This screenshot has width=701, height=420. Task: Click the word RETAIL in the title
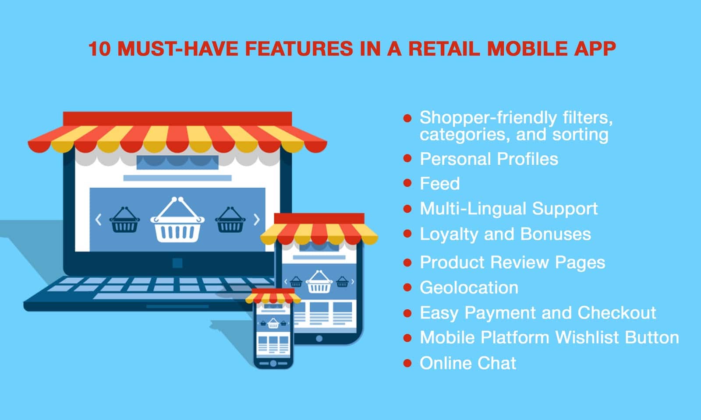coord(444,49)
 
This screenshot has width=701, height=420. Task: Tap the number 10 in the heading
coord(99,49)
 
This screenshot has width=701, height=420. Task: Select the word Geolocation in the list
coord(469,287)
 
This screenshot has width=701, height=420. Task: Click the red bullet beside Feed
coord(407,183)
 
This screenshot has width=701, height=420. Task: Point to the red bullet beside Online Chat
coord(407,363)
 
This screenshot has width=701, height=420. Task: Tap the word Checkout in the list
coord(616,312)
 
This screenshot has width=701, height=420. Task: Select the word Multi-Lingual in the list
coord(473,209)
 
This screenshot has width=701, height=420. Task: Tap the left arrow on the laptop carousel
coord(98,219)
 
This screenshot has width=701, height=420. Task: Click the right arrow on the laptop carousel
coord(257,219)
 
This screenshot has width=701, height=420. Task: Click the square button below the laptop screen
coord(177,263)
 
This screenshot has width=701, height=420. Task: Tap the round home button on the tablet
coord(319,339)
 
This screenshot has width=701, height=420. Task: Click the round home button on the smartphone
coord(273,364)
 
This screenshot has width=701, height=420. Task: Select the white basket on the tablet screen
coord(319,282)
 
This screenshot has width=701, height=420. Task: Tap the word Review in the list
coord(520,262)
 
